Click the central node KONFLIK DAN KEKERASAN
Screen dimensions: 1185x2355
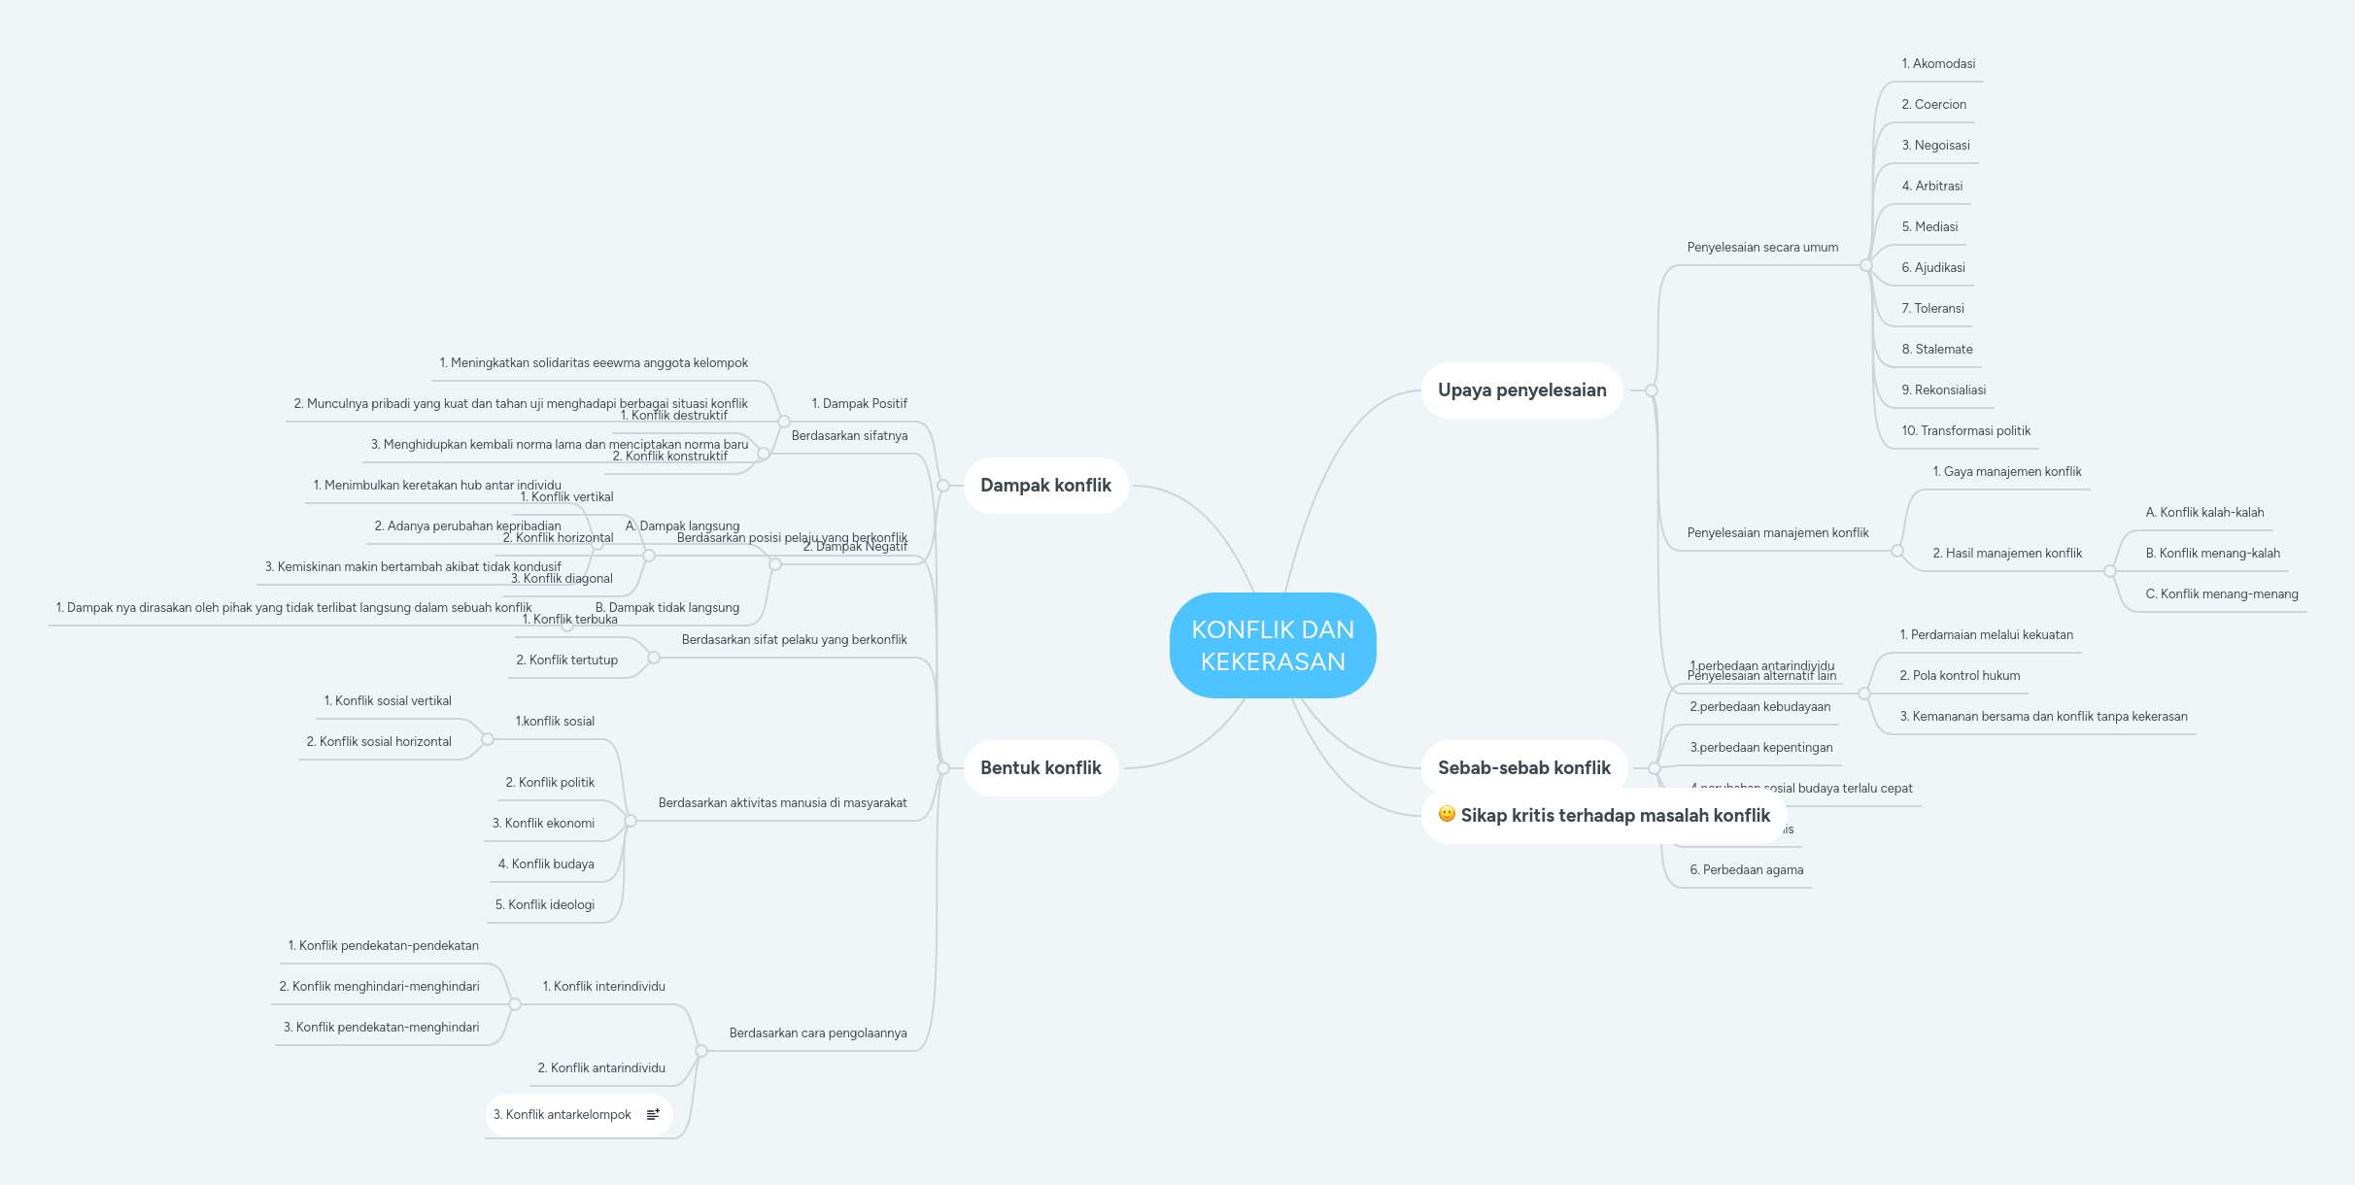tap(1273, 645)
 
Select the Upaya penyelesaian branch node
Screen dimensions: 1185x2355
tap(1521, 390)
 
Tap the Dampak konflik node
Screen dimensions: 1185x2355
tap(1045, 486)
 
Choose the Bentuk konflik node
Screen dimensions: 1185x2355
tap(1041, 768)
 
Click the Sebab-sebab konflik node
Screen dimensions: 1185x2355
tap(1523, 768)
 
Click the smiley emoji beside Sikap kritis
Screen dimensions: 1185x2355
tap(1447, 814)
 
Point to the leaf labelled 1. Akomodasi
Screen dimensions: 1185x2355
tap(1938, 64)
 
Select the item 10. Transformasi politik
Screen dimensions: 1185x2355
tap(1965, 431)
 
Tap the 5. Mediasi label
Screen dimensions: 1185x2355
tap(1929, 227)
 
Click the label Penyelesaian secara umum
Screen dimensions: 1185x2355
tap(1762, 248)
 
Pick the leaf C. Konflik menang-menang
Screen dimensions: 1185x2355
tap(2222, 594)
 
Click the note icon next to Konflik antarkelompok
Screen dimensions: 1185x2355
tap(654, 1114)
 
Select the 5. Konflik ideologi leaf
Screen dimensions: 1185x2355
tap(545, 905)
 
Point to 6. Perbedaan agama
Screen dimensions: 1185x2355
tap(1746, 870)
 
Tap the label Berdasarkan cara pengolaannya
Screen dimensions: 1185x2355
tap(818, 1033)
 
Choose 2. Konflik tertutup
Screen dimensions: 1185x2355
tap(566, 660)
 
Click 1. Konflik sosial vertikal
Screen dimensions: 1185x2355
tap(388, 701)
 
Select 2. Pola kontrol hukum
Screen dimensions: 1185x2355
tap(1960, 676)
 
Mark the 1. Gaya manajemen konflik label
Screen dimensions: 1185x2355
tap(2007, 472)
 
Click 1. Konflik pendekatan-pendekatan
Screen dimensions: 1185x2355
tap(383, 946)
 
